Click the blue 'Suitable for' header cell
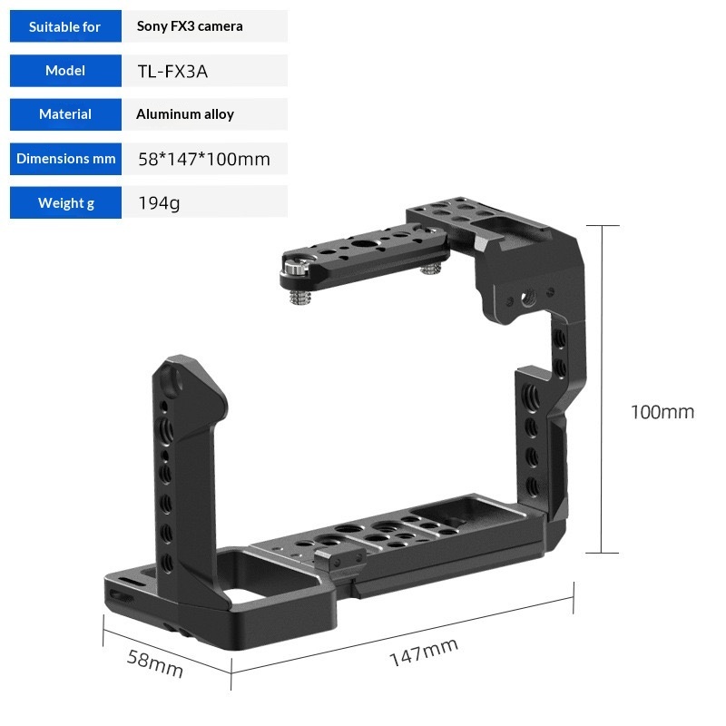click(65, 26)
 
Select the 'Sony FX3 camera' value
click(190, 26)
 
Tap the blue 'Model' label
click(65, 71)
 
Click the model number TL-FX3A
click(172, 72)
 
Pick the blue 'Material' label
click(65, 114)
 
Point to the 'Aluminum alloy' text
click(185, 114)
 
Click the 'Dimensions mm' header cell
click(65, 159)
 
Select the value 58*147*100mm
click(203, 160)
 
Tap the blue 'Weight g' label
click(65, 202)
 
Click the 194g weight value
click(159, 203)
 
